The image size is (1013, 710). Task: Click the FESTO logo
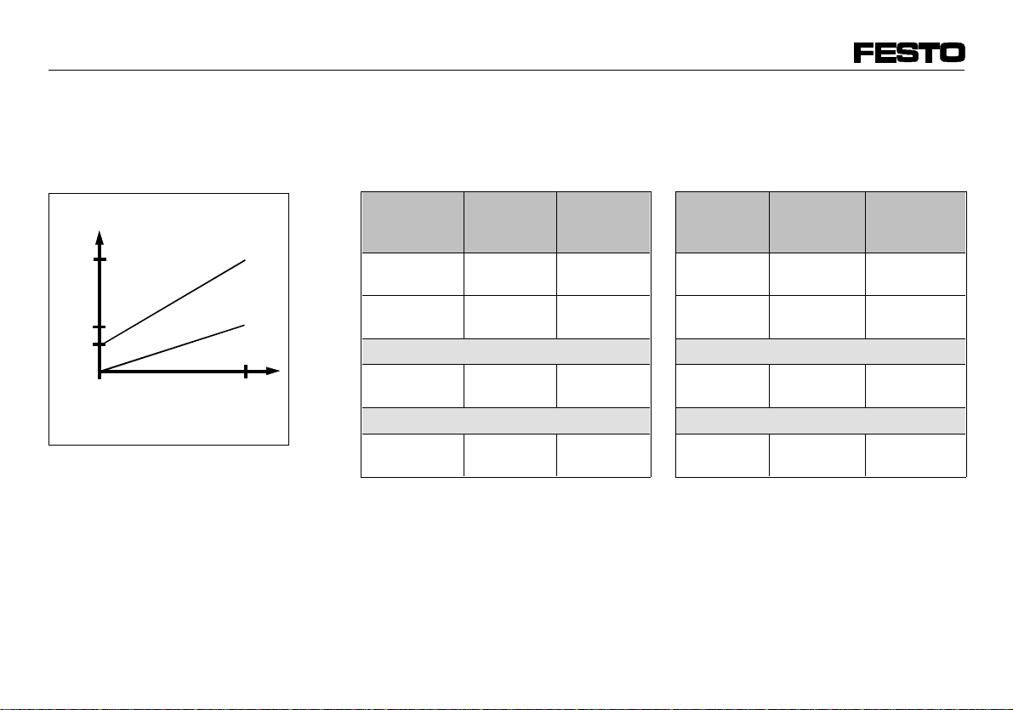click(x=909, y=54)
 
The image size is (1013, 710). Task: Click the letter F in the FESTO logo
click(x=866, y=54)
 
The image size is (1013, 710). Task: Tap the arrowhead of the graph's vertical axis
click(x=100, y=236)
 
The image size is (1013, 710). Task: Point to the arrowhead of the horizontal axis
click(x=273, y=372)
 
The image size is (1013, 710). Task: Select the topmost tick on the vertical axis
click(x=100, y=258)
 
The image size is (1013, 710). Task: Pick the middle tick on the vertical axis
click(x=100, y=327)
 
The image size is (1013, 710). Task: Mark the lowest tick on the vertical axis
click(x=100, y=344)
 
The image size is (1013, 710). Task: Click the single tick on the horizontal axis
click(x=245, y=372)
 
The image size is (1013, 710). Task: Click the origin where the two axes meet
click(x=100, y=372)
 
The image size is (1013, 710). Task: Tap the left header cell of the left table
click(x=413, y=222)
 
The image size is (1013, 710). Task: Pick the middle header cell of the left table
click(x=510, y=222)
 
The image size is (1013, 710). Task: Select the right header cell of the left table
click(x=604, y=222)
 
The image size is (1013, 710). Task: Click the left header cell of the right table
click(x=722, y=222)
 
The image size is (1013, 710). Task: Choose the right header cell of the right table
click(x=916, y=222)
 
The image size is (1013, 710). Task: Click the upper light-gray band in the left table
click(x=506, y=351)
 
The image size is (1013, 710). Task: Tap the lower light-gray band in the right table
click(x=821, y=421)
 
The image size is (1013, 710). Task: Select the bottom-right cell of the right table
click(x=916, y=455)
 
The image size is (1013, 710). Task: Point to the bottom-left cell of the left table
click(x=413, y=455)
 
